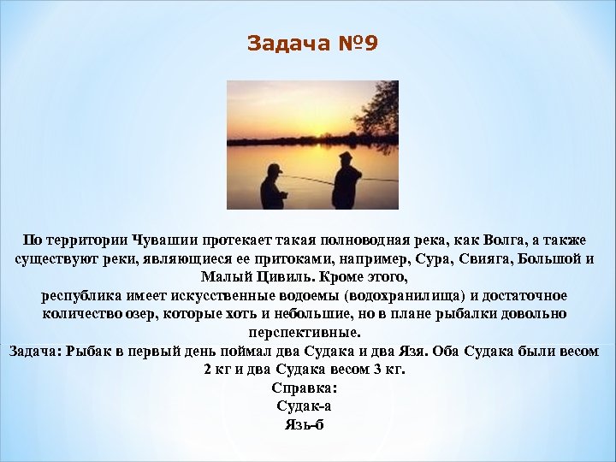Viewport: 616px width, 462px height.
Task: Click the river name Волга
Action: tap(492, 240)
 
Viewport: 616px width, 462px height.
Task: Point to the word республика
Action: tap(81, 296)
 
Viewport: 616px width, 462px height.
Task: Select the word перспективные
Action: tap(307, 333)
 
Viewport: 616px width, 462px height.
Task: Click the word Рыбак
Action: tap(98, 352)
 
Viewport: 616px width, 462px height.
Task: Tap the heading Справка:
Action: tap(307, 388)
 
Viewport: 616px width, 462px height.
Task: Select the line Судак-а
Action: tap(307, 407)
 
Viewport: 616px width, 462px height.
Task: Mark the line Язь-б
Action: tap(307, 425)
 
